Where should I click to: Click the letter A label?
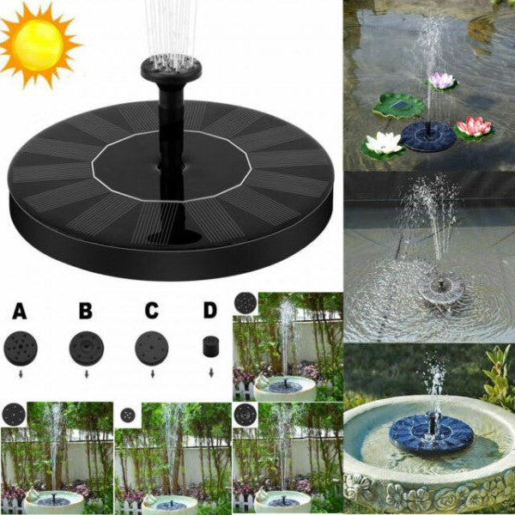click(x=20, y=309)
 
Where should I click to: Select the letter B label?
click(x=85, y=309)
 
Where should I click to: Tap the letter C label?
click(x=150, y=309)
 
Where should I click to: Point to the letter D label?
click(x=210, y=309)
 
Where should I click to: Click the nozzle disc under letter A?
click(x=21, y=347)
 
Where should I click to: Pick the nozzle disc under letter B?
click(x=86, y=348)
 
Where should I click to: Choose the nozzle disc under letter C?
click(x=151, y=348)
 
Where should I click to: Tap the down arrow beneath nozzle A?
click(x=21, y=375)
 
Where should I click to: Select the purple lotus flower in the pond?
click(x=441, y=81)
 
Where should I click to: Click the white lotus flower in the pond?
click(x=383, y=143)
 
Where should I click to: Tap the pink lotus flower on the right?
click(x=475, y=127)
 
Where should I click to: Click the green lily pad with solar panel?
click(x=399, y=106)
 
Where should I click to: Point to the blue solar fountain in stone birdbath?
click(x=431, y=431)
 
